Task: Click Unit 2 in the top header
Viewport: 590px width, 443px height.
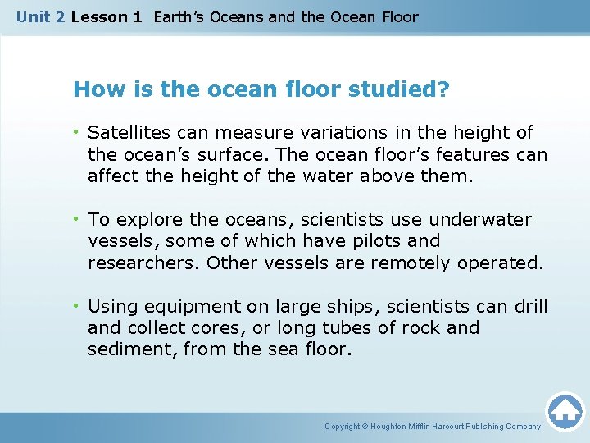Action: [x=41, y=16]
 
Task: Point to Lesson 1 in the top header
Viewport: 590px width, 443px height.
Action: [x=106, y=16]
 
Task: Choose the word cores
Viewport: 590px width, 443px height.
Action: [x=192, y=328]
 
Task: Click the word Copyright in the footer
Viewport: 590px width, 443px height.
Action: [x=342, y=427]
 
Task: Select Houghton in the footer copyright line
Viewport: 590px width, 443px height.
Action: [x=391, y=427]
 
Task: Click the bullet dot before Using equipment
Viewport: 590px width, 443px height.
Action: [x=76, y=307]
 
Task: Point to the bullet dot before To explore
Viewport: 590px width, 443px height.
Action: [x=76, y=220]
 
